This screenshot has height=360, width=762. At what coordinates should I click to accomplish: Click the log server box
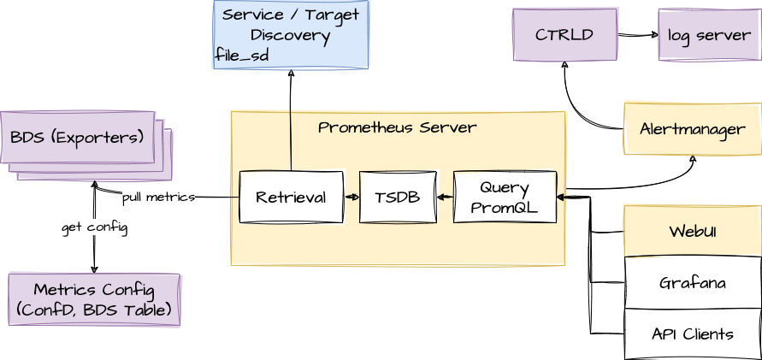tap(706, 35)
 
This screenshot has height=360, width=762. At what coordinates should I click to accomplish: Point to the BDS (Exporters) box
tap(78, 137)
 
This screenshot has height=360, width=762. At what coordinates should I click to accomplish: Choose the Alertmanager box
tap(693, 129)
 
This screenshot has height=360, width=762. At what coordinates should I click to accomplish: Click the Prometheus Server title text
tap(397, 127)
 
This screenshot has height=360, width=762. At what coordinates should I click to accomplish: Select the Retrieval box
tap(291, 198)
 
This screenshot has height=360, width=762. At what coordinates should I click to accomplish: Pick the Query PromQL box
tap(505, 198)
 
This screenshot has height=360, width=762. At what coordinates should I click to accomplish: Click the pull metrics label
tap(158, 197)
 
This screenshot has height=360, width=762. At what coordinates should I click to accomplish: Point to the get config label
tap(94, 227)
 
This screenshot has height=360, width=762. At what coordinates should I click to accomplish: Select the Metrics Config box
tap(94, 299)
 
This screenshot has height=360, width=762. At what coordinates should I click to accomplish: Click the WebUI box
tap(693, 231)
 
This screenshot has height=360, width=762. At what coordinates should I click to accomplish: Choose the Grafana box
tap(693, 282)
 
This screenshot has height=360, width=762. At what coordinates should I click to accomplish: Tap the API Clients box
tap(693, 333)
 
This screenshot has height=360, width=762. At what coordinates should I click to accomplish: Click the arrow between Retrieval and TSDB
tap(351, 198)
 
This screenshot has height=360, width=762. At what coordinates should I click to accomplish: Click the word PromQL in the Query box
tap(505, 207)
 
